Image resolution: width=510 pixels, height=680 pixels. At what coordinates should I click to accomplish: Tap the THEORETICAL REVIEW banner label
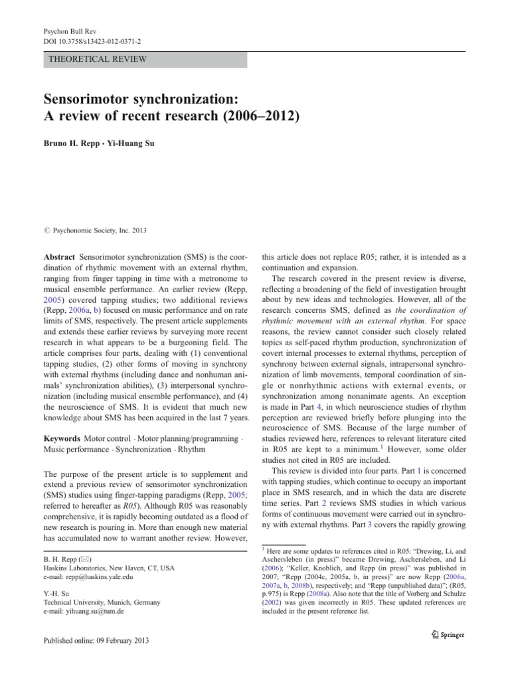98,59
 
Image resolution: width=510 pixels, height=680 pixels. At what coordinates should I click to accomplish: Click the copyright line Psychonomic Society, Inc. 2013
98,230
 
